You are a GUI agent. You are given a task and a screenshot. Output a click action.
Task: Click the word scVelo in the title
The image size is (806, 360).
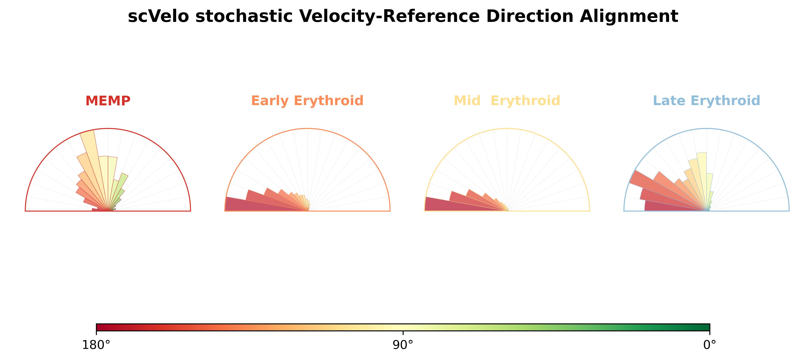click(158, 16)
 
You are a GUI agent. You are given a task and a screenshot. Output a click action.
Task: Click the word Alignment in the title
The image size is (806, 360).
click(629, 16)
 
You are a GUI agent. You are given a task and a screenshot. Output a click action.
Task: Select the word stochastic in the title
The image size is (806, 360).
click(244, 16)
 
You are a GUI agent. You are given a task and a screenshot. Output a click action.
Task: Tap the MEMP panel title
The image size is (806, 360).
click(108, 101)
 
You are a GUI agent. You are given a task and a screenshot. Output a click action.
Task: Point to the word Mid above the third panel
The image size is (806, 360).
click(467, 101)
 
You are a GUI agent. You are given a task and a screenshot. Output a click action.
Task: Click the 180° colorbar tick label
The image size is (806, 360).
click(96, 345)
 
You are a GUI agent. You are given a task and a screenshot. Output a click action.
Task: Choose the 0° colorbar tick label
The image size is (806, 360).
click(710, 345)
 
